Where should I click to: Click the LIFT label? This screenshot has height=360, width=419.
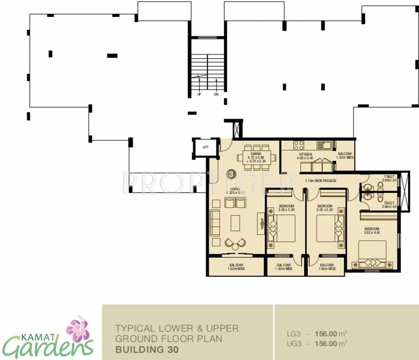tap(205, 147)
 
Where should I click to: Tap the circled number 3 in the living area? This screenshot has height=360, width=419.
tap(230, 173)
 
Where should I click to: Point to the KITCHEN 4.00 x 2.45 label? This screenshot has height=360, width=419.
tap(306, 156)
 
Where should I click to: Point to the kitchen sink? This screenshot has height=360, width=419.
tap(324, 144)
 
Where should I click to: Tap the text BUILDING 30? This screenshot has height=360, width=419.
tap(146, 349)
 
